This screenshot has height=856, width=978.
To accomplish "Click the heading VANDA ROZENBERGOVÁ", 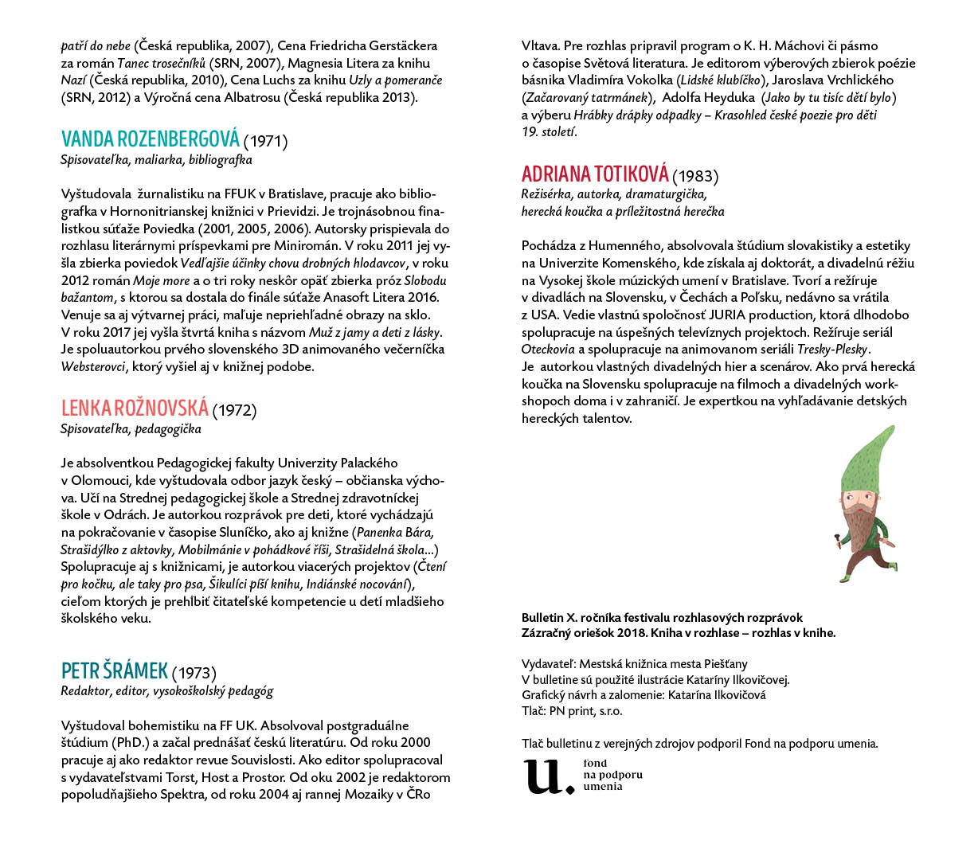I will [150, 139].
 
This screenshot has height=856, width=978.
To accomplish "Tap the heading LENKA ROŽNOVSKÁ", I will [135, 408].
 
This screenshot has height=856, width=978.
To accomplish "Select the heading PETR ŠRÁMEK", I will [115, 670].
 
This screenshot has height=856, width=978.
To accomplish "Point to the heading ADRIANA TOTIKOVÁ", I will [595, 174].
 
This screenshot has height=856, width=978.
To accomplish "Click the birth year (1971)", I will [265, 142].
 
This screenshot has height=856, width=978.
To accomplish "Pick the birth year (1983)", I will [695, 177].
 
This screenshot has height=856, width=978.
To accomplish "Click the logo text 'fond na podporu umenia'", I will [612, 775].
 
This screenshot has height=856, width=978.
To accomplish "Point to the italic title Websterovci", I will [92, 367].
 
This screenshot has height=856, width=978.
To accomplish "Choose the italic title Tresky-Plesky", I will [833, 350].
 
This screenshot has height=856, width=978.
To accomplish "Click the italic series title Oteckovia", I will [548, 350].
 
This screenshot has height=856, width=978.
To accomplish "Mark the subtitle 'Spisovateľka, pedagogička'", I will [131, 429].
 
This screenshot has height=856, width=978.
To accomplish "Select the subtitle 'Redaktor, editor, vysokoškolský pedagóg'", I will [166, 691].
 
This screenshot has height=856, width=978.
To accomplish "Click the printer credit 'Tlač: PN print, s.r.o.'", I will [572, 710].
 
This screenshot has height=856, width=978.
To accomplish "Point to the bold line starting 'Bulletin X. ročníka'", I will [662, 618].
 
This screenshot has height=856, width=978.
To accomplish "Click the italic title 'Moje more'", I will [162, 281].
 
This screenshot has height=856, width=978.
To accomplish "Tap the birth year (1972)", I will [234, 411].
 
